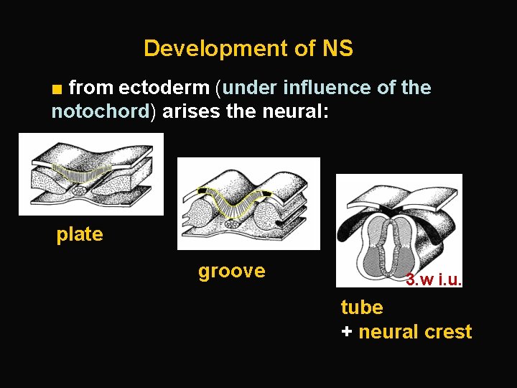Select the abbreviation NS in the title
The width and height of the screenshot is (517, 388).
337,49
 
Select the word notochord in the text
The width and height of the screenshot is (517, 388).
99,112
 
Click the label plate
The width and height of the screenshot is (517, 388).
80,234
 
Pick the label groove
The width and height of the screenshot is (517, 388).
231,271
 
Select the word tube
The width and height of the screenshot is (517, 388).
362,308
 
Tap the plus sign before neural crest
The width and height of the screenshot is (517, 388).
347,332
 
